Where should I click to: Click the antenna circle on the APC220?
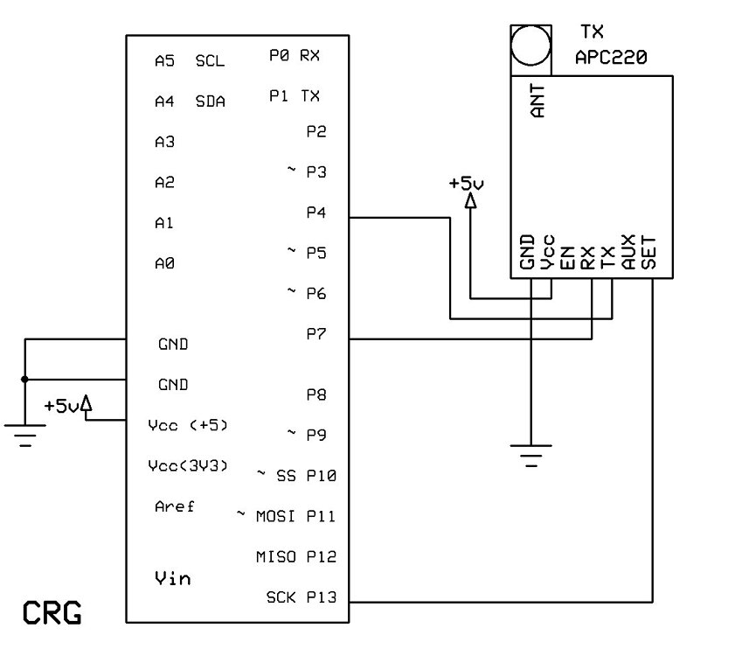[x=531, y=46]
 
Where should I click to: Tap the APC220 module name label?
[x=611, y=58]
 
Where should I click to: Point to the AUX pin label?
[x=628, y=251]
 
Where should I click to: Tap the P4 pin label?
[x=315, y=213]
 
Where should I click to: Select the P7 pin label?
[x=315, y=333]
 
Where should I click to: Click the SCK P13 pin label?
[x=300, y=597]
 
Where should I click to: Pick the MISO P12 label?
[x=295, y=557]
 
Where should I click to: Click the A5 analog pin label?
[x=164, y=61]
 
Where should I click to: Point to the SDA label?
[x=210, y=101]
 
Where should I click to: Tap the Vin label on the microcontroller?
[x=172, y=577]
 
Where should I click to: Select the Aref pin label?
[x=175, y=506]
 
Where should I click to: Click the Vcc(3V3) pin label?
[x=188, y=465]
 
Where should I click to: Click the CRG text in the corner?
[x=52, y=611]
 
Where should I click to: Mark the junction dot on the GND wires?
[x=24, y=379]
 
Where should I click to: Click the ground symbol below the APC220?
[x=530, y=453]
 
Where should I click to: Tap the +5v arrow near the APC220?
[x=470, y=201]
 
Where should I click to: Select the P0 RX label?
[x=295, y=55]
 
